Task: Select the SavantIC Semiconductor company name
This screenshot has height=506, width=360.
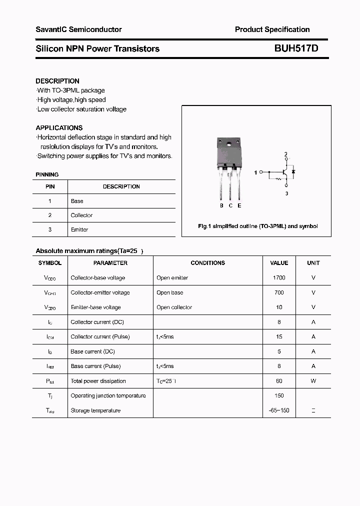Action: (78, 29)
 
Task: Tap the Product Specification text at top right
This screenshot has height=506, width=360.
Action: (272, 29)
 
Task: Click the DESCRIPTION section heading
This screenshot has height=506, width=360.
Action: (57, 81)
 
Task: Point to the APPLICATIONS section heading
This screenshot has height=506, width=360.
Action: (59, 128)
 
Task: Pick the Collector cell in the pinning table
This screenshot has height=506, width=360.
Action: (81, 215)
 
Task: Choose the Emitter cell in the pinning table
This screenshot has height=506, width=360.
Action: (79, 229)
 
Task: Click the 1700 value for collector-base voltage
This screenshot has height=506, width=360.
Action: (279, 277)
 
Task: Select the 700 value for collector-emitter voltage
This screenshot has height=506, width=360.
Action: (279, 292)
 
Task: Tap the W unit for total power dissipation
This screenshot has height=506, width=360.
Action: (313, 381)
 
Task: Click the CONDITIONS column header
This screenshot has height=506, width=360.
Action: (207, 263)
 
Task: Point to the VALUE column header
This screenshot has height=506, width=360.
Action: (279, 263)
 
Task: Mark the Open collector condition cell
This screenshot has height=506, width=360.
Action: (174, 307)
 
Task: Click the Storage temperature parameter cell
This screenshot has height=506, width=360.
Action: (95, 410)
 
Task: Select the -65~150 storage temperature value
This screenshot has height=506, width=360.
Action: (279, 410)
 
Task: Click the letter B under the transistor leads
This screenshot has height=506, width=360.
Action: (221, 205)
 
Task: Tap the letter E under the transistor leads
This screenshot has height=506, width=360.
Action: (239, 205)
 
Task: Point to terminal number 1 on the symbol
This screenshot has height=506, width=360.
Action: (255, 172)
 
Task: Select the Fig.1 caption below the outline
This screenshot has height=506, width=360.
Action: (257, 226)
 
